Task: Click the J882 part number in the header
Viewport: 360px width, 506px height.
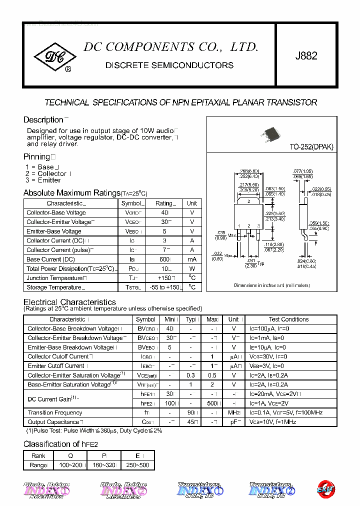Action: point(306,56)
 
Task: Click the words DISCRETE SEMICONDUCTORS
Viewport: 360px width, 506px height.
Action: point(169,65)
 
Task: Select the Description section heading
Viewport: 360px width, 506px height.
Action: point(43,120)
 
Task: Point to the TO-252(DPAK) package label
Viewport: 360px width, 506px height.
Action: point(311,147)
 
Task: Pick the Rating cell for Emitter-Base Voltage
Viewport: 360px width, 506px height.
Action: point(164,231)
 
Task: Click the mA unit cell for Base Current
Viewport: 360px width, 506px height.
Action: point(192,259)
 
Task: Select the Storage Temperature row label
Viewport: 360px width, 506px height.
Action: point(54,287)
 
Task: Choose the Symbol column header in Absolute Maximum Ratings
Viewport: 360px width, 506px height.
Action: point(131,203)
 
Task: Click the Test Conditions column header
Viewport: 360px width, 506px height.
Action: point(288,319)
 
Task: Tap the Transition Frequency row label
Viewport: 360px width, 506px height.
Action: point(55,413)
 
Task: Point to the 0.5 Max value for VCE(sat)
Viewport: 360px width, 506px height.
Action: point(212,375)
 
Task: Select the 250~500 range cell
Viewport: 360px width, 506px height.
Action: point(137,465)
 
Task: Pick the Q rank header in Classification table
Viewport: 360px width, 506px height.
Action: point(70,456)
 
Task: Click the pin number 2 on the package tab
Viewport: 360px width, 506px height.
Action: point(248,201)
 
